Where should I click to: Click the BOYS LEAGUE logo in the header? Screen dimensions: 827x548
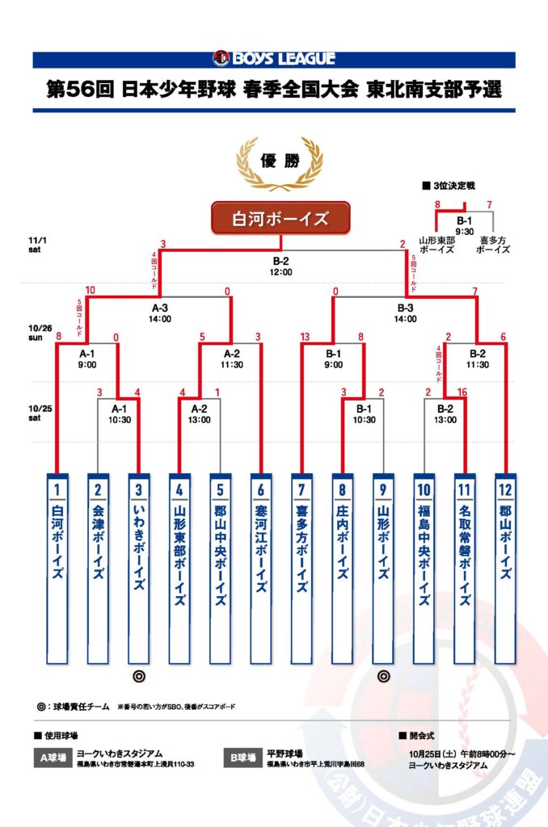(x=273, y=58)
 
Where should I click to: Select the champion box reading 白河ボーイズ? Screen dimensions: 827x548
(x=280, y=218)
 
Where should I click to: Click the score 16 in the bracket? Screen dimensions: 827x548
(x=462, y=393)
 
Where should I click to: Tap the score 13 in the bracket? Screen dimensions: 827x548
(x=304, y=337)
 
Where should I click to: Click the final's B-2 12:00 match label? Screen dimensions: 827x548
(x=280, y=267)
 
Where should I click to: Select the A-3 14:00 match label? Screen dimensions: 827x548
(x=160, y=313)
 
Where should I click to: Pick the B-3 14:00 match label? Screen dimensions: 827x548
(x=405, y=313)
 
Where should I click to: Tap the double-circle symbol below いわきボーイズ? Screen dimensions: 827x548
(x=138, y=676)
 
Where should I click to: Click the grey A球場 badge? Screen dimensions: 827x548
(x=50, y=758)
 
